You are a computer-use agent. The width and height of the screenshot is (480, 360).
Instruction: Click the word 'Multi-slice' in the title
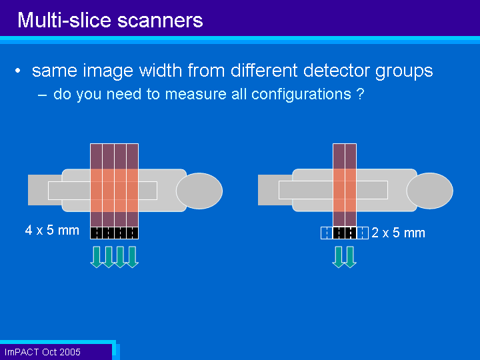[64, 20]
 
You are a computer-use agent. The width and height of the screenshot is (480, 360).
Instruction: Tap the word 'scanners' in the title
[160, 21]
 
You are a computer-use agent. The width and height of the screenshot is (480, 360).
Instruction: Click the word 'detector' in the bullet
[337, 70]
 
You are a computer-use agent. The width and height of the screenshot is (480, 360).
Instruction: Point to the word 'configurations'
[301, 94]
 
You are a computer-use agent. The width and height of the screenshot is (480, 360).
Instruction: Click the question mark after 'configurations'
[360, 94]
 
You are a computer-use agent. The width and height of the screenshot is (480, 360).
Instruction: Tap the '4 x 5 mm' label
[52, 230]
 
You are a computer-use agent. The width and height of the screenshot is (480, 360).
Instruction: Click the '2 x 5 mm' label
[398, 233]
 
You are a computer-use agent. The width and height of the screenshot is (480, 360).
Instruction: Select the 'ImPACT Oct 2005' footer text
[42, 352]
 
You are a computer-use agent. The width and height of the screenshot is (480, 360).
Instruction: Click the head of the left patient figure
[199, 191]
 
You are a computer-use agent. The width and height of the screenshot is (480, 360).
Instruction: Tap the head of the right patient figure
[430, 191]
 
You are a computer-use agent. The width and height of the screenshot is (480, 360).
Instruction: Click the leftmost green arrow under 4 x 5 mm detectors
[97, 257]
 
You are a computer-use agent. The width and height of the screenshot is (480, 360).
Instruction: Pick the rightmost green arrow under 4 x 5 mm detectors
[133, 257]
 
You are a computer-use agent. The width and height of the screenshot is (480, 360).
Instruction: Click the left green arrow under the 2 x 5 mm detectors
[339, 257]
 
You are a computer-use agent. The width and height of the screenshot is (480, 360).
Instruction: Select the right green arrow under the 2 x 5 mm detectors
[351, 257]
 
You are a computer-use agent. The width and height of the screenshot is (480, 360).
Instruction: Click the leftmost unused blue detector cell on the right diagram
[327, 233]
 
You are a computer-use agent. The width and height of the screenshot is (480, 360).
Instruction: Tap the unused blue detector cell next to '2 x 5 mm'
[363, 233]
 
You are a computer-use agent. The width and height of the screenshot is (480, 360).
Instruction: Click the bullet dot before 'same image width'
[18, 71]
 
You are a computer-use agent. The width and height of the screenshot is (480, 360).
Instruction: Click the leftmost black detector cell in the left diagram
[96, 233]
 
